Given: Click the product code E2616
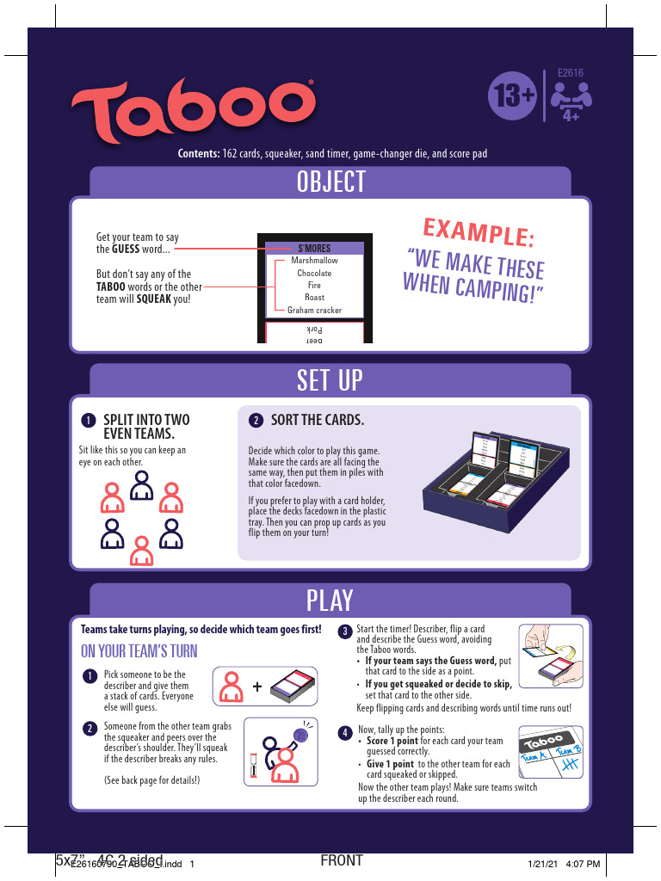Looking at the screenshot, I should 571,74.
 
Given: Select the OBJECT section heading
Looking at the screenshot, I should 331,182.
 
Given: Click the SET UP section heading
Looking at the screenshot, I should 330,380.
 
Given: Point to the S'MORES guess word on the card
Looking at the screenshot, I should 313,249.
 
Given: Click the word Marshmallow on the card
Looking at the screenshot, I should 314,261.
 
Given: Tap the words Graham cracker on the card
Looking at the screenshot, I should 314,310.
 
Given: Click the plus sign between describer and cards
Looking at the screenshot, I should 257,687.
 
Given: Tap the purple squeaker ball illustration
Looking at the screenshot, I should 301,734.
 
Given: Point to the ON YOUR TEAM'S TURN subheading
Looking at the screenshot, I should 139,650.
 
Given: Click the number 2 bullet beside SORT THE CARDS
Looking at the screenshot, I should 256,421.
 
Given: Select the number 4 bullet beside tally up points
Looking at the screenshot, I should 343,732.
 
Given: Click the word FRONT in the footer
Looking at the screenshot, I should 341,860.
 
